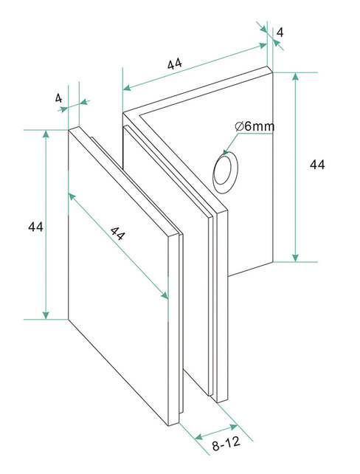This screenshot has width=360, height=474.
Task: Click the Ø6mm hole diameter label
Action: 255,126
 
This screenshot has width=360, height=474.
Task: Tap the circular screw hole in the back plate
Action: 225,170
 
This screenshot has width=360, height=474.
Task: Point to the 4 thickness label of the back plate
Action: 280,32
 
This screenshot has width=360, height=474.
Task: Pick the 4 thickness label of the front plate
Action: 58,97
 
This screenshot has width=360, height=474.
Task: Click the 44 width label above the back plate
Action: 175,64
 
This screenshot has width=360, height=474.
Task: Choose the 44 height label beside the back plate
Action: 317,165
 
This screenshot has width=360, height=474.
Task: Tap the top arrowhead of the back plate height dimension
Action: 297,75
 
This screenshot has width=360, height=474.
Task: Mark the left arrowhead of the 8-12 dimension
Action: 198,437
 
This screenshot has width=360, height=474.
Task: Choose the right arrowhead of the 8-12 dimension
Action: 238,426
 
